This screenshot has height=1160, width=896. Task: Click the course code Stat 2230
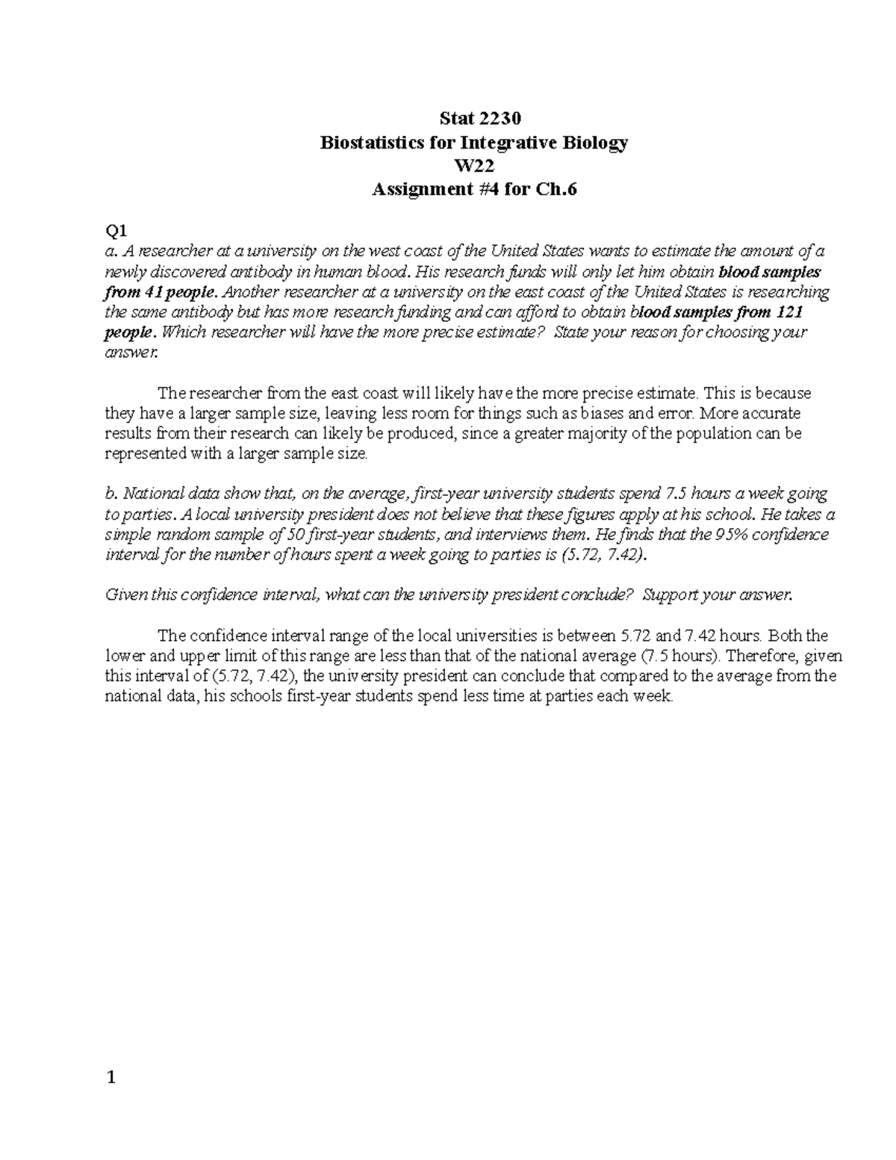coord(474,118)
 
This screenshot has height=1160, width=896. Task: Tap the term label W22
coord(474,166)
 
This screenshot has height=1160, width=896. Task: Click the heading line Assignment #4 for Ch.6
coord(474,190)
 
